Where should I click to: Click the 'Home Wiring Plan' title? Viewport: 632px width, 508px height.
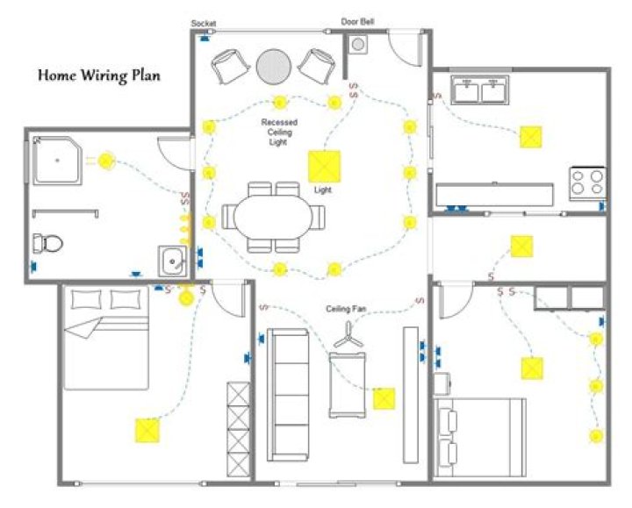pyautogui.click(x=98, y=75)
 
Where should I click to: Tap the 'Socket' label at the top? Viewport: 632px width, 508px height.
pyautogui.click(x=204, y=23)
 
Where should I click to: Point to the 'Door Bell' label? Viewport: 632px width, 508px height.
pyautogui.click(x=358, y=21)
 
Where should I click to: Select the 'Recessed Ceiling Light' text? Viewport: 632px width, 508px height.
pyautogui.click(x=279, y=132)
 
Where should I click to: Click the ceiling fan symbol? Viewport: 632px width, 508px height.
pyautogui.click(x=348, y=333)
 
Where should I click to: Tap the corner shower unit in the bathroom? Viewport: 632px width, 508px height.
pyautogui.click(x=59, y=159)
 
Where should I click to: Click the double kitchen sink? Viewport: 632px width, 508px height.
pyautogui.click(x=480, y=89)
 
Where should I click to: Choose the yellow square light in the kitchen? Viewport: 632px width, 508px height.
pyautogui.click(x=530, y=137)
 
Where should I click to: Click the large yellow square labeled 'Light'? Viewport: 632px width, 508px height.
pyautogui.click(x=323, y=165)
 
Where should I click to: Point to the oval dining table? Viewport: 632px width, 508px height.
pyautogui.click(x=273, y=216)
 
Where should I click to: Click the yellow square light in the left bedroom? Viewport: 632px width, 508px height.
pyautogui.click(x=147, y=430)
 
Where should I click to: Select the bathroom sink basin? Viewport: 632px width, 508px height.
pyautogui.click(x=172, y=261)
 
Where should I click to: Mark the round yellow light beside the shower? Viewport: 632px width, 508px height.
pyautogui.click(x=106, y=161)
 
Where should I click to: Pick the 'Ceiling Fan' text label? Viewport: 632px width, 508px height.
pyautogui.click(x=346, y=309)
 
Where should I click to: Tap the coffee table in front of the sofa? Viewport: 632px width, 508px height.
pyautogui.click(x=348, y=386)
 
